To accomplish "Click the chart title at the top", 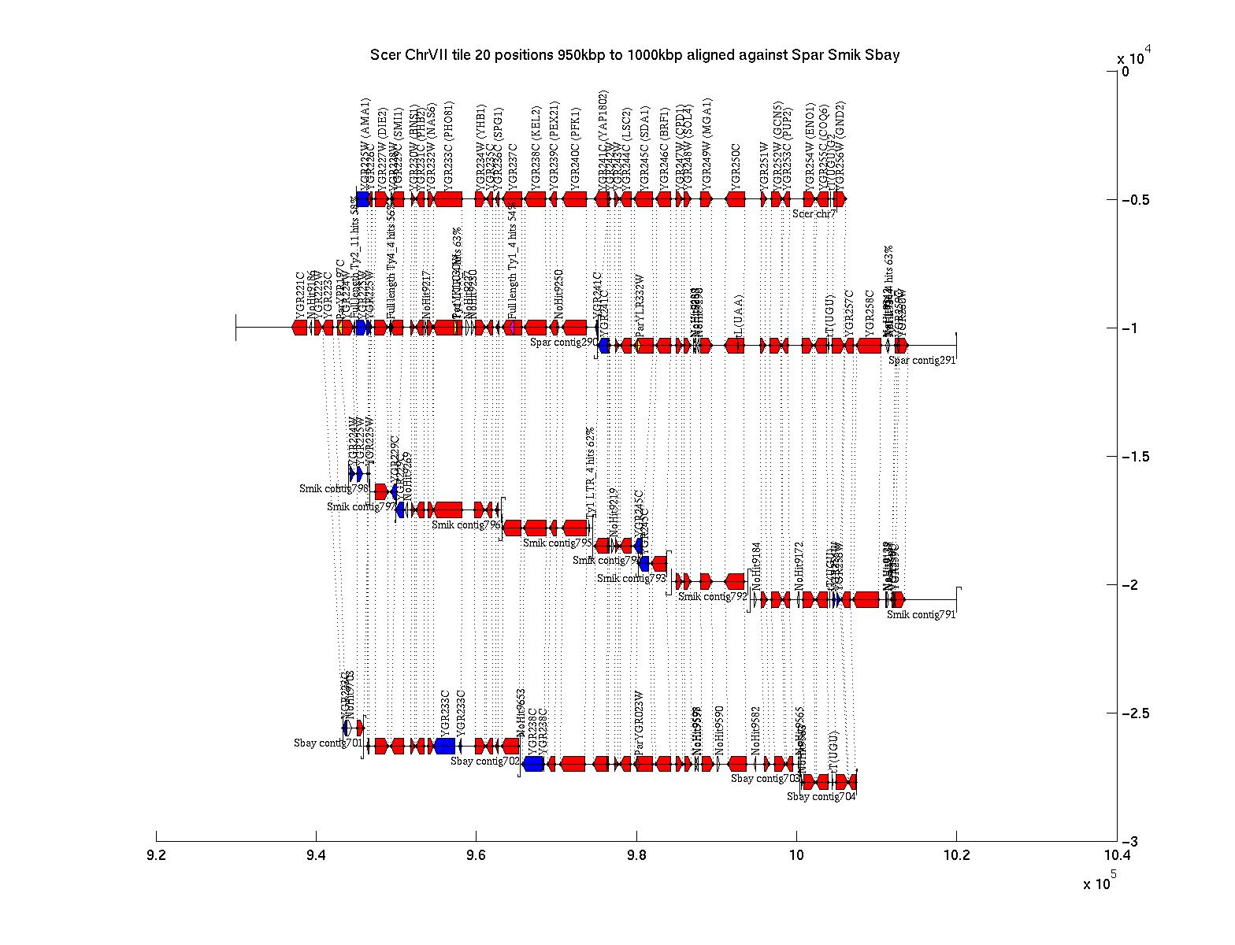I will click(x=635, y=55).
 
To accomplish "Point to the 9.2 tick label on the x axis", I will click(x=157, y=856).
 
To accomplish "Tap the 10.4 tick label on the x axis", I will click(x=1116, y=856).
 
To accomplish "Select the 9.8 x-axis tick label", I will click(x=636, y=856).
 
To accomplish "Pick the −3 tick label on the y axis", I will click(x=1130, y=842).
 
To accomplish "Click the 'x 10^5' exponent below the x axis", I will click(x=1100, y=882).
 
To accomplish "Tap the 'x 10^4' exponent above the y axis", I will click(x=1134, y=57).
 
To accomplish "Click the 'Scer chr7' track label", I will click(x=814, y=213).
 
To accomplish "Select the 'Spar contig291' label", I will click(x=922, y=360).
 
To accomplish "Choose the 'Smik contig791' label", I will click(x=921, y=615).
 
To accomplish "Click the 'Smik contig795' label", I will click(x=558, y=543).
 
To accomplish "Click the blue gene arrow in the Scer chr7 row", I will click(x=362, y=199).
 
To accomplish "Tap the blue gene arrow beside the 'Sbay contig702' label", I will click(x=533, y=764).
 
